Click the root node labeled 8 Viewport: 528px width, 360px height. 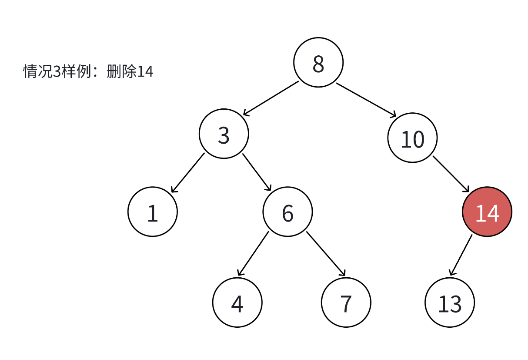[318, 62]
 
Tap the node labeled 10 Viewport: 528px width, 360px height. [412, 138]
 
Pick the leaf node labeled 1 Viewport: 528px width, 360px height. [153, 212]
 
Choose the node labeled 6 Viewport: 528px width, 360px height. [287, 212]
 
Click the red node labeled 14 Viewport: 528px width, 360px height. [487, 212]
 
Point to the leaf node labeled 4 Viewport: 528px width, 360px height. [237, 303]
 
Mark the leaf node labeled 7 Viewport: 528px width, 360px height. [346, 303]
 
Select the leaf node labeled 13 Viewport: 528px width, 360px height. [450, 303]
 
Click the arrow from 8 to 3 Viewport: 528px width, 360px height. [271, 98]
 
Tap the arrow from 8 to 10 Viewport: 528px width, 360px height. [366, 100]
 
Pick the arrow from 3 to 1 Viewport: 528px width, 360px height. [187, 173]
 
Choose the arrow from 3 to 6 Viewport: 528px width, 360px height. [257, 172]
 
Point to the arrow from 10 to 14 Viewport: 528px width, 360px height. [451, 174]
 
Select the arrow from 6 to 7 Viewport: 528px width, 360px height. [326, 254]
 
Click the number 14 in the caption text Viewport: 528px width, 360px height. [145, 71]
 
